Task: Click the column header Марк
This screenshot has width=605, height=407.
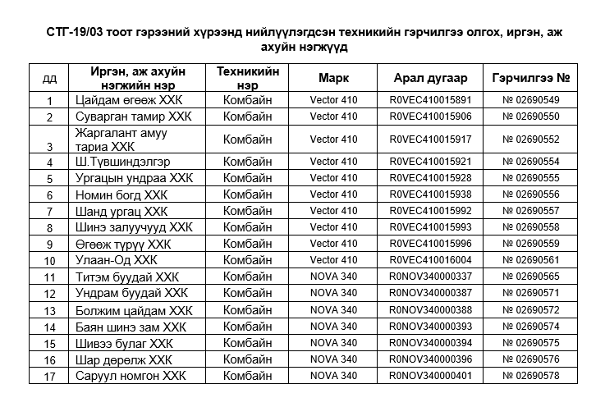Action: pyautogui.click(x=333, y=79)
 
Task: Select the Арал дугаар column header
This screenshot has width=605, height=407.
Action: pyautogui.click(x=430, y=79)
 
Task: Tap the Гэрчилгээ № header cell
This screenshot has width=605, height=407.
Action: pyautogui.click(x=531, y=79)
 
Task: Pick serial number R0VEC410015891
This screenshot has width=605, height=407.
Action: pyautogui.click(x=431, y=100)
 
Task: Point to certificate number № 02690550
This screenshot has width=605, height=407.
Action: pyautogui.click(x=531, y=117)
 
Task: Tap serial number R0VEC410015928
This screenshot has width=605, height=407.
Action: pyautogui.click(x=431, y=178)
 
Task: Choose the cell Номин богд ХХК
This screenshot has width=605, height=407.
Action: pyautogui.click(x=121, y=194)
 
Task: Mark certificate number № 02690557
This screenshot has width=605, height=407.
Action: pyautogui.click(x=531, y=211)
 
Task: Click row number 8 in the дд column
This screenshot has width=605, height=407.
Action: pyautogui.click(x=49, y=228)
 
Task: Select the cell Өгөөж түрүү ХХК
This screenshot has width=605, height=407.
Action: pyautogui.click(x=123, y=244)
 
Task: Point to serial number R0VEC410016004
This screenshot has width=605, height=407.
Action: pyautogui.click(x=431, y=260)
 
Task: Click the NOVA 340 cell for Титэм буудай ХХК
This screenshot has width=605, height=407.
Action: pyautogui.click(x=333, y=277)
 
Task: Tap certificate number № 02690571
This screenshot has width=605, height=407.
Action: pyautogui.click(x=531, y=293)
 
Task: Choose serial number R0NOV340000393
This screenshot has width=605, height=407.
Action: pyautogui.click(x=431, y=327)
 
